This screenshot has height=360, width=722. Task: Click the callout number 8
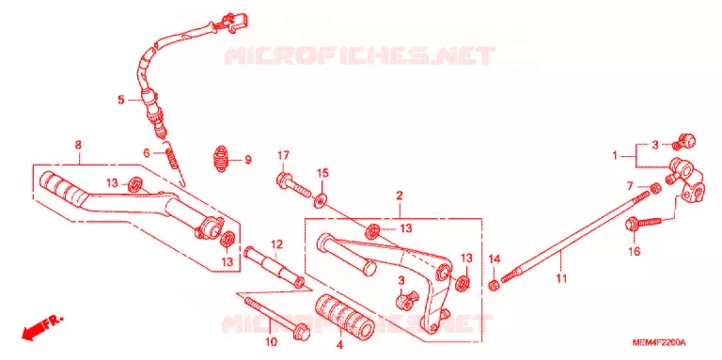[x=78, y=145]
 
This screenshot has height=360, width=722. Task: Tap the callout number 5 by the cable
[x=121, y=100]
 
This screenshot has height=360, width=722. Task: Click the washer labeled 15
[x=320, y=200]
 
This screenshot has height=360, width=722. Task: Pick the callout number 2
[x=400, y=196]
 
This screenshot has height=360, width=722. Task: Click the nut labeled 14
[x=494, y=286]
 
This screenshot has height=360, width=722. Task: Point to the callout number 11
[x=561, y=278]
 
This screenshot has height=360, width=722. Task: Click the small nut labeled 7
[x=656, y=187]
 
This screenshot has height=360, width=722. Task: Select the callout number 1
[x=614, y=157]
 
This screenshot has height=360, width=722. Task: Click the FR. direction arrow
[x=42, y=326]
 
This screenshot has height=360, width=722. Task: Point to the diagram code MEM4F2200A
[x=659, y=343]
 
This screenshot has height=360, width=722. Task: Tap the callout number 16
[x=634, y=251]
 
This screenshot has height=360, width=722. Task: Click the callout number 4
[x=339, y=345]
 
